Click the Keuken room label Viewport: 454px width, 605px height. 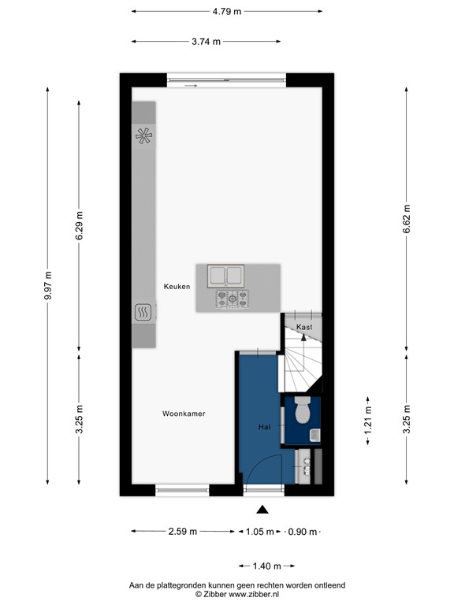tap(177, 287)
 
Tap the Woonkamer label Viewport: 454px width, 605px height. tap(184, 414)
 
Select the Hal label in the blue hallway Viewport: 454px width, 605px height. tap(265, 427)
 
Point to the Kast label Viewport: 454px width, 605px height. tap(304, 327)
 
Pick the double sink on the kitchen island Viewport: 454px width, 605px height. tap(227, 276)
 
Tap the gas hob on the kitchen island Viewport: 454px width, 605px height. tap(232, 299)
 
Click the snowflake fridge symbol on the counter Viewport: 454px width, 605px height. tap(143, 135)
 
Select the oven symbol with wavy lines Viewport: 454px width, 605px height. tap(143, 314)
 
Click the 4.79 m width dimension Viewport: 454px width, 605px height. tap(226, 11)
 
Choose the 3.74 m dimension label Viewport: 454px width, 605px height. tap(206, 42)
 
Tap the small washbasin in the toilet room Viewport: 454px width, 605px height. tap(314, 434)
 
